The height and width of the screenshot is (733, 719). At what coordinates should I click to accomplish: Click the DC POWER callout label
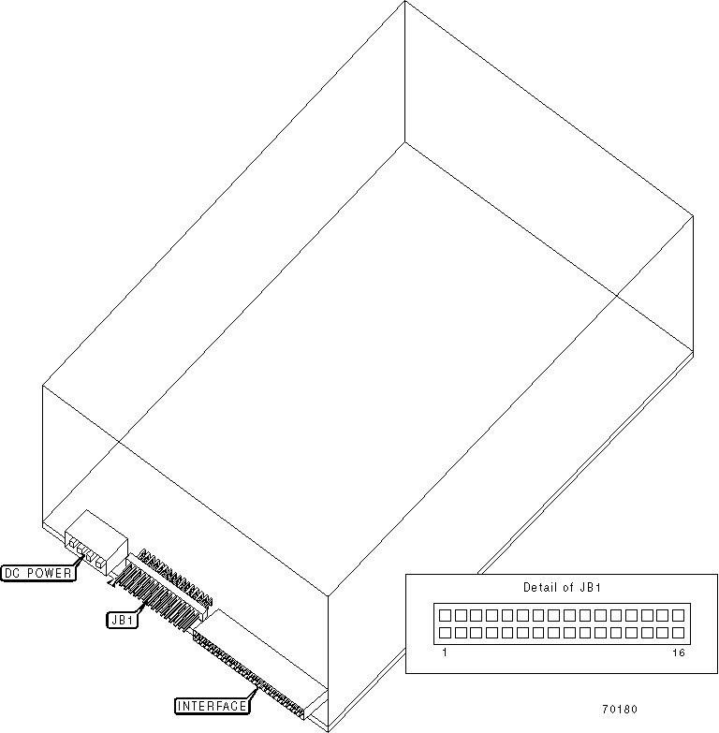click(38, 573)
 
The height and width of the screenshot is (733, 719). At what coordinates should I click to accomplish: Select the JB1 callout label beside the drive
click(123, 619)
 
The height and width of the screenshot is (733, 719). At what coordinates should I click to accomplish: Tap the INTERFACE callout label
click(213, 705)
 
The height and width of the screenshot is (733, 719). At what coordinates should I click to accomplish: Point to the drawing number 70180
click(620, 709)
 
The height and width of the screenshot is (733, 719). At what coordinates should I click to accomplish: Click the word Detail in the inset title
click(538, 588)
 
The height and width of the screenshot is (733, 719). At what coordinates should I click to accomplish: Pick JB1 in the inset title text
click(589, 588)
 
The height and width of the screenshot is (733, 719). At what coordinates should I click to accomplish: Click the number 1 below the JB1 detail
click(444, 652)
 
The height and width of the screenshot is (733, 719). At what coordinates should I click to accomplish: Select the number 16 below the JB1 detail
click(678, 652)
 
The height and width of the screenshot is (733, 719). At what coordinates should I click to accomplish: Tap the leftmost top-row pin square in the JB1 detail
click(447, 616)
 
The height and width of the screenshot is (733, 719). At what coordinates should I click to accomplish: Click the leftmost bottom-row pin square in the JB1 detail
click(447, 633)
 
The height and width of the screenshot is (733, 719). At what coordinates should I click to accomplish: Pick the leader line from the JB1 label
click(144, 608)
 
